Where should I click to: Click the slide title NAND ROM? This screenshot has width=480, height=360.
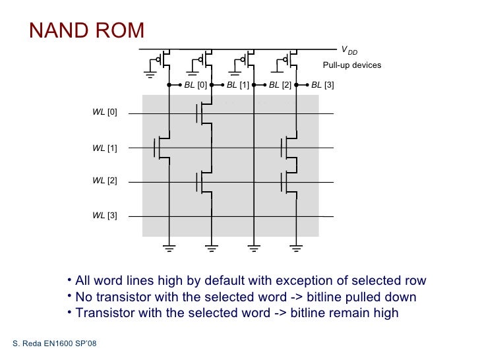click(86, 30)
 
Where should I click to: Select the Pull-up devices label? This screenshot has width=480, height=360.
click(351, 65)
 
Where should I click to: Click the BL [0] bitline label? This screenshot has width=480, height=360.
click(195, 85)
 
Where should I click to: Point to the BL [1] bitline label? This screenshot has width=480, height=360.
click(238, 85)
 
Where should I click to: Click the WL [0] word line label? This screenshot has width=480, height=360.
click(104, 113)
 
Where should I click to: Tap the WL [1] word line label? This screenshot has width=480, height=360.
click(104, 148)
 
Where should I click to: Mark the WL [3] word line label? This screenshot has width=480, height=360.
click(104, 216)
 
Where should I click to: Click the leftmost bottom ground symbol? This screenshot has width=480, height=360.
click(169, 248)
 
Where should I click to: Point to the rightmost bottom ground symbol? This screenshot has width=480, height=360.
click(297, 248)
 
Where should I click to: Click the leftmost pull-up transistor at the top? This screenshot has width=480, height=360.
click(165, 60)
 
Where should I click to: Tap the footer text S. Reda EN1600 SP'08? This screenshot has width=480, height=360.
click(55, 345)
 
